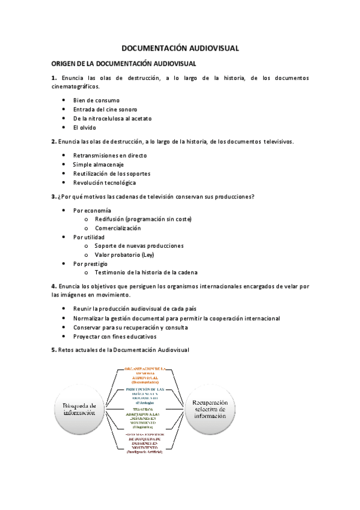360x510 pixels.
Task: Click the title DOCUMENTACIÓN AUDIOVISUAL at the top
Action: click(x=180, y=48)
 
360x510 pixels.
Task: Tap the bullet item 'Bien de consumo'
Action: click(x=96, y=100)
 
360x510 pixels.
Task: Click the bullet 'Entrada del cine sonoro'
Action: click(x=105, y=109)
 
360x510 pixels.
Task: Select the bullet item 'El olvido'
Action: click(x=84, y=127)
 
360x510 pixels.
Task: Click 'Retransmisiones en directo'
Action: click(x=109, y=155)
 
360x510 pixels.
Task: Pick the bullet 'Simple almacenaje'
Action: click(x=99, y=164)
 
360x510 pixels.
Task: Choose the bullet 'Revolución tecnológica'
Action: click(x=105, y=182)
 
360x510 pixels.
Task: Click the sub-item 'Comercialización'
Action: click(x=118, y=228)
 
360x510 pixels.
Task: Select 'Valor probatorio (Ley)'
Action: click(x=124, y=254)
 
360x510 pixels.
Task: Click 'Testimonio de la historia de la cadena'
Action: click(x=146, y=272)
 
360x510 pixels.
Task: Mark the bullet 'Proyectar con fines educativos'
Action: click(x=114, y=337)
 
